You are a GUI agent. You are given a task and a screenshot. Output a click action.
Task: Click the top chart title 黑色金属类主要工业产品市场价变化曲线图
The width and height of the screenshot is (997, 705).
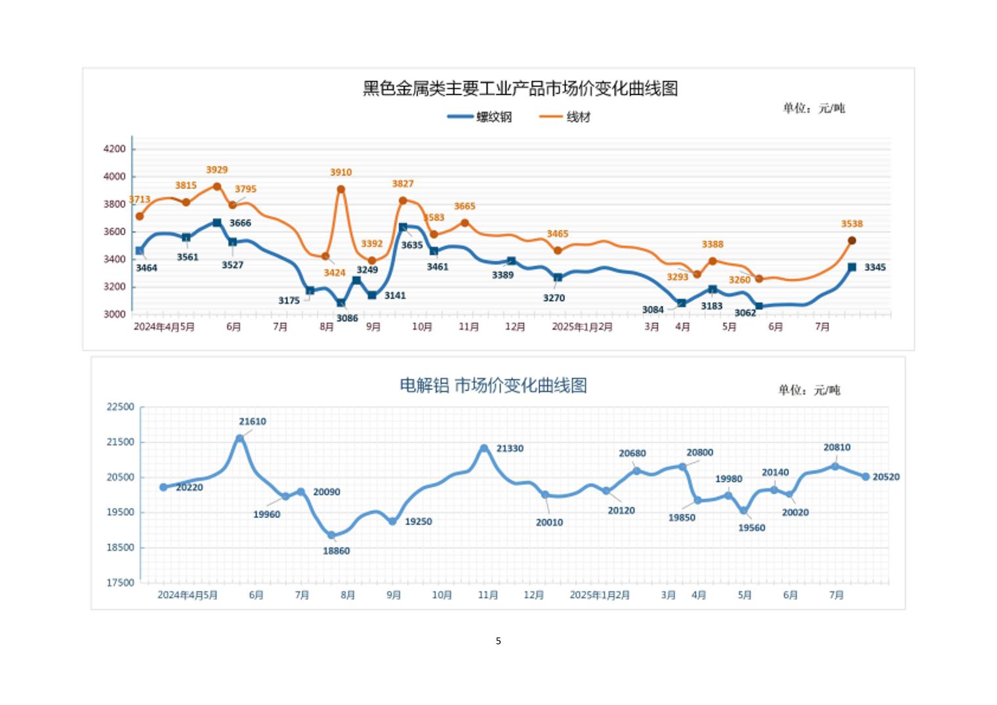(x=520, y=89)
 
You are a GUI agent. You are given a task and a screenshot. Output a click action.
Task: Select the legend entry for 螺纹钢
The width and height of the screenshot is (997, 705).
(x=480, y=117)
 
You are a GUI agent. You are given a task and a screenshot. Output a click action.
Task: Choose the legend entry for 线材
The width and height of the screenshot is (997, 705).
(x=565, y=117)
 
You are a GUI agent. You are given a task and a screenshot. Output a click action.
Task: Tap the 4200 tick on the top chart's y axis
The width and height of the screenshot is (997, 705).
(x=114, y=149)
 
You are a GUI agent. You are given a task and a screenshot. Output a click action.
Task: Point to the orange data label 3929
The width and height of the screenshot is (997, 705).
(x=216, y=170)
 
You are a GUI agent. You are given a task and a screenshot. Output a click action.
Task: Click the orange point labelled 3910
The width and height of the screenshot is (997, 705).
(x=340, y=190)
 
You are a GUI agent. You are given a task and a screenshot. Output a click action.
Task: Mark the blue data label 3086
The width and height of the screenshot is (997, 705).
(x=347, y=318)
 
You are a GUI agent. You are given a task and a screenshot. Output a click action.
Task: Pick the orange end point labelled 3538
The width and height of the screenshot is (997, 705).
(x=851, y=241)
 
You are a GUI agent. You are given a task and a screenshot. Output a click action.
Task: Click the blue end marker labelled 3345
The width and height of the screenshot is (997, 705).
(x=851, y=267)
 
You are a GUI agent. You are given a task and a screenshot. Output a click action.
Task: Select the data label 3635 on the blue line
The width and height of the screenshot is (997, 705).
(x=412, y=245)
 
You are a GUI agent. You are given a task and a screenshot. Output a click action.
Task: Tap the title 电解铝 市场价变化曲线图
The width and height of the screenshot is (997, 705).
(x=493, y=385)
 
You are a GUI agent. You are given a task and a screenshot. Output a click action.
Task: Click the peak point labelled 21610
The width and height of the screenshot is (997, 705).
(x=240, y=438)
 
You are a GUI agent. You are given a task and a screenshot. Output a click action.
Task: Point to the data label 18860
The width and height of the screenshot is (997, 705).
(x=336, y=551)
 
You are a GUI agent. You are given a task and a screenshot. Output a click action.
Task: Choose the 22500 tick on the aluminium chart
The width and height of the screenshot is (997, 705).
(x=120, y=407)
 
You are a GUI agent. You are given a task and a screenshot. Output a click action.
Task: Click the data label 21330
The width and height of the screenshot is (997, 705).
(x=510, y=449)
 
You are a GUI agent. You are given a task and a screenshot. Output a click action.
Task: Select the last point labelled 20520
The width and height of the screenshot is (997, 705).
(x=865, y=477)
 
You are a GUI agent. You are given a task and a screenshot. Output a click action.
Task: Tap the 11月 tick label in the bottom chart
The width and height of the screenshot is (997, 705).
(x=487, y=595)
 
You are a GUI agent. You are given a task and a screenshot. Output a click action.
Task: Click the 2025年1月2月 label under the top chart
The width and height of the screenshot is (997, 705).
(x=582, y=327)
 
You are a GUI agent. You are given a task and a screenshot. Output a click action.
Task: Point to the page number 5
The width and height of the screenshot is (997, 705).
(x=498, y=641)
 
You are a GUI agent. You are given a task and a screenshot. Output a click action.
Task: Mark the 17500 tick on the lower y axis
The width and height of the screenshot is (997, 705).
(x=120, y=582)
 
